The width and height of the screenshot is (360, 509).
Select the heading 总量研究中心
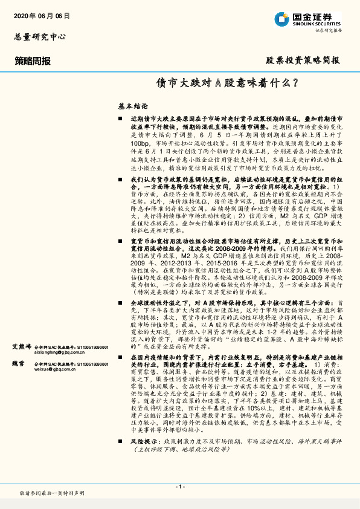click(x=40, y=36)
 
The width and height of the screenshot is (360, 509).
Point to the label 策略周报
click(x=33, y=61)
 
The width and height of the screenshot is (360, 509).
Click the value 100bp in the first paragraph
click(x=138, y=143)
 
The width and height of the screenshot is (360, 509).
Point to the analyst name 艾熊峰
click(x=22, y=347)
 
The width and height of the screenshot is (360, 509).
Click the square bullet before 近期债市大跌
click(x=121, y=120)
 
